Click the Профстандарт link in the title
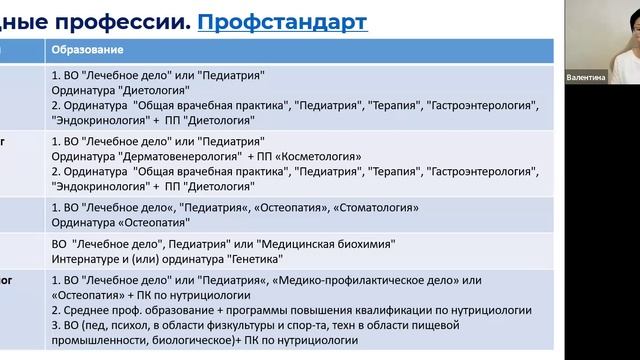click(282, 20)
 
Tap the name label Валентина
click(585, 77)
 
